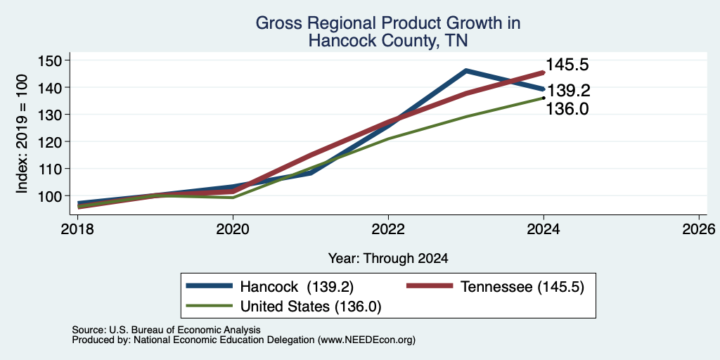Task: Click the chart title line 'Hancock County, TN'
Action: click(388, 40)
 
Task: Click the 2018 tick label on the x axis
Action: click(77, 229)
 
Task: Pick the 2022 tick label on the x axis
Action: click(388, 229)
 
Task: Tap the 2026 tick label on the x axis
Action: click(699, 229)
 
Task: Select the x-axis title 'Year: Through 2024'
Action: click(388, 259)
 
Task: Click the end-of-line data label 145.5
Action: click(567, 65)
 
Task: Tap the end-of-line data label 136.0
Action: click(567, 109)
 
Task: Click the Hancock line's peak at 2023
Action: click(465, 71)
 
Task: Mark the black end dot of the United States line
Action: click(544, 98)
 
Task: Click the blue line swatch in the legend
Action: click(210, 286)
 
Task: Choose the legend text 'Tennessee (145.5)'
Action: click(522, 287)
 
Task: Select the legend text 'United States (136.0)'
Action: click(311, 307)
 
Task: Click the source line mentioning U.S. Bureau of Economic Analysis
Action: click(166, 330)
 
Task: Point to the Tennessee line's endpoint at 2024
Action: click(544, 72)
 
